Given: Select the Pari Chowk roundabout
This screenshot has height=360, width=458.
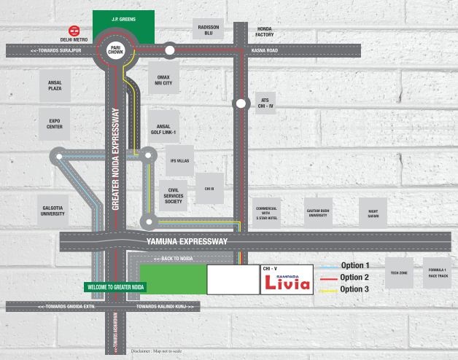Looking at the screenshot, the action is tap(113, 50).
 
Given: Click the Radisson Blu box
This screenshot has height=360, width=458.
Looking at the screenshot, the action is tap(209, 30).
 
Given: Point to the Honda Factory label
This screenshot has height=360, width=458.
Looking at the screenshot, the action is tap(265, 31).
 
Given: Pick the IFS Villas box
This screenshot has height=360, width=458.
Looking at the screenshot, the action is tap(179, 160).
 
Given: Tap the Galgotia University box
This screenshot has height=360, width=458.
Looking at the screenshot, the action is tap(53, 210).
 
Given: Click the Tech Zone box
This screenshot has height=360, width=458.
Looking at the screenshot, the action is tap(399, 273).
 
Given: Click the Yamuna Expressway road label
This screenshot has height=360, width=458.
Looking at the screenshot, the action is tap(187, 241).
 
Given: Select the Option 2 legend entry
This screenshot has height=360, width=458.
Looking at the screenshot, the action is tap(354, 278).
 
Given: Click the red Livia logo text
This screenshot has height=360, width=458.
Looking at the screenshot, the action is tap(287, 283).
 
